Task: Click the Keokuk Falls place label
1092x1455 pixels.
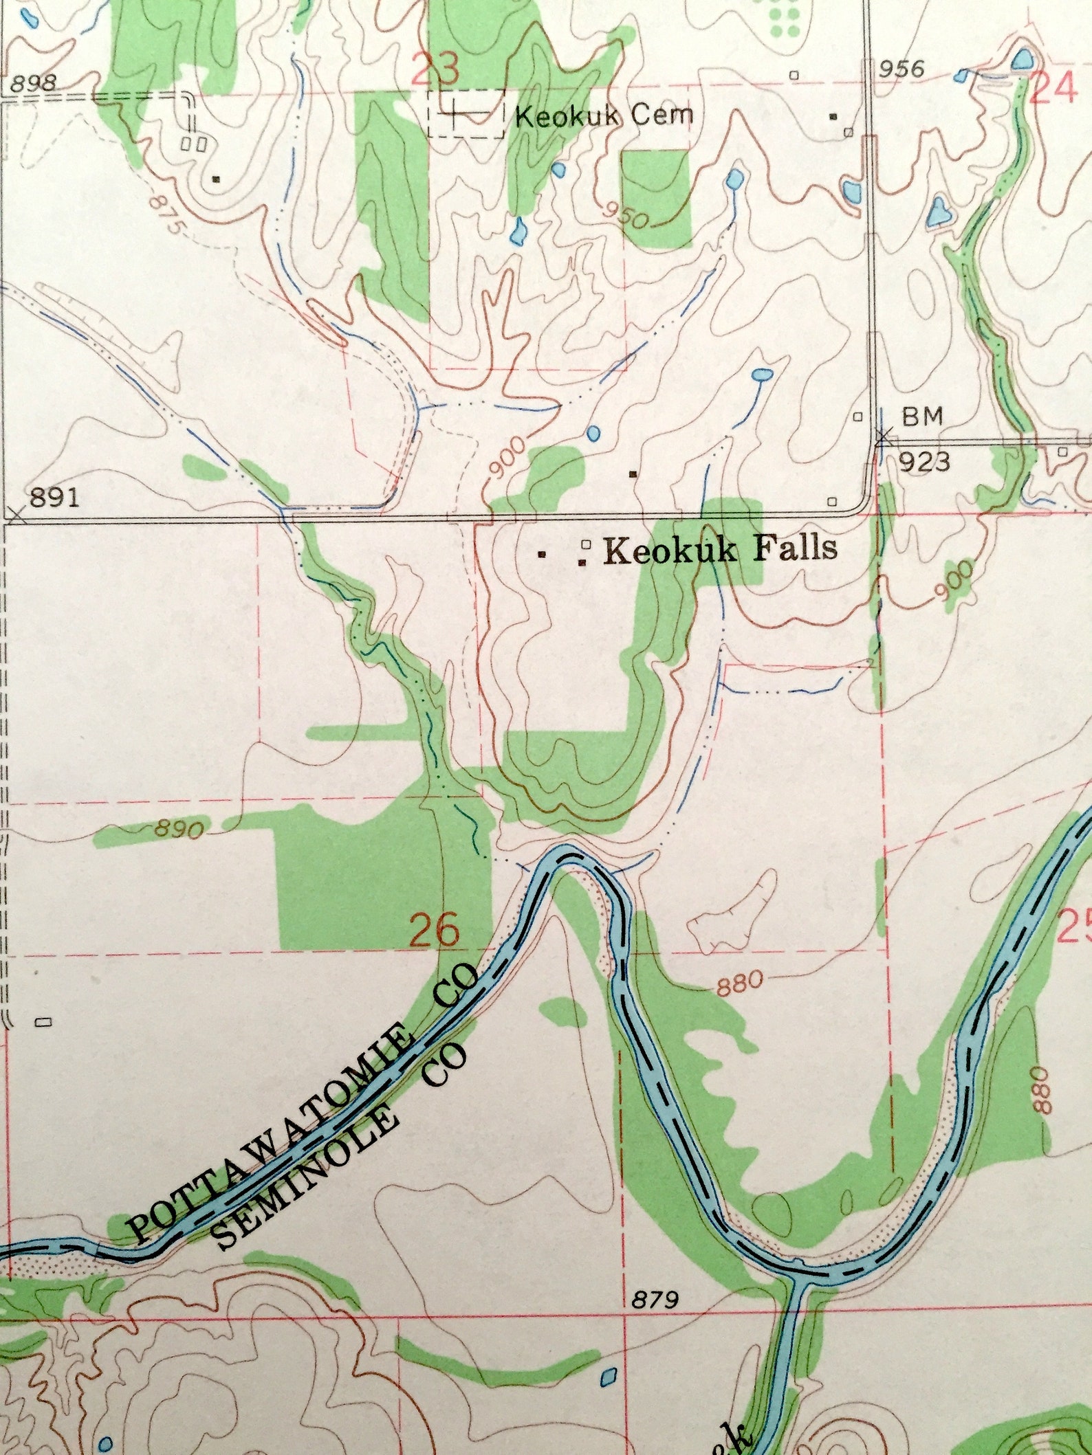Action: (721, 549)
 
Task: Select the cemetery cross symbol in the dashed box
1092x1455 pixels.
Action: (455, 113)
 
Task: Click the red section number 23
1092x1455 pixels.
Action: (436, 68)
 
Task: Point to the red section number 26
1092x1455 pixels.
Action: (435, 932)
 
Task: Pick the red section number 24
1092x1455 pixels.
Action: (1053, 87)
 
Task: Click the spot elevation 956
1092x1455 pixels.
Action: (902, 69)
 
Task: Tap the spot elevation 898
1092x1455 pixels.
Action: (33, 84)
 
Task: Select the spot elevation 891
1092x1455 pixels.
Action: (55, 496)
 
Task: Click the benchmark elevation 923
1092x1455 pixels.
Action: (925, 461)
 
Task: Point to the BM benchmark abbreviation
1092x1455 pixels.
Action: (922, 416)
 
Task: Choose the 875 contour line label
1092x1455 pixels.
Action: (166, 214)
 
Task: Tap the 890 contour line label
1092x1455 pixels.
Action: (177, 830)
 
